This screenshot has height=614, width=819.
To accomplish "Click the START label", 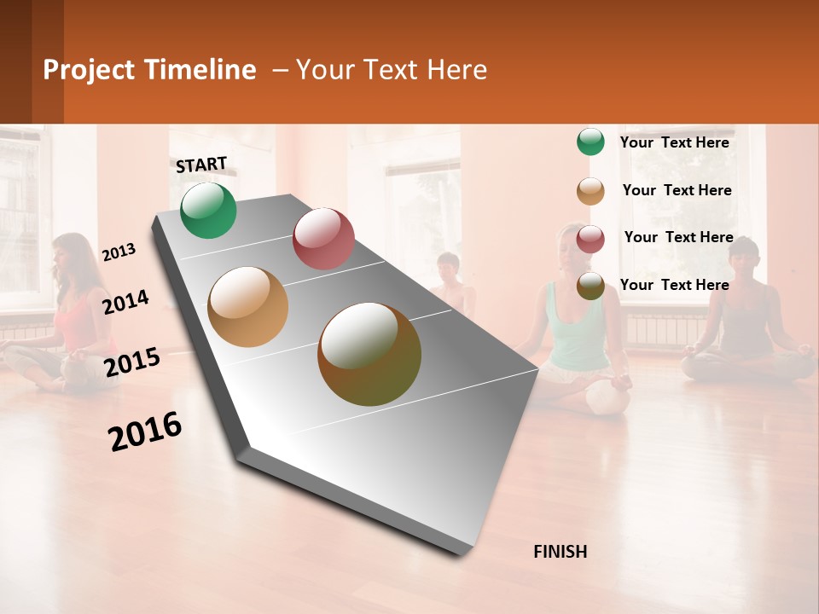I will tap(201, 165).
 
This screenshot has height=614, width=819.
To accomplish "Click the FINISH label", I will tap(560, 552).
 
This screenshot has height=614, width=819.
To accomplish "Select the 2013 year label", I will tap(119, 252).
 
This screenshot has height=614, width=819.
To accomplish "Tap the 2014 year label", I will tap(125, 302).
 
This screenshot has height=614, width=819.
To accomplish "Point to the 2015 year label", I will tap(131, 362).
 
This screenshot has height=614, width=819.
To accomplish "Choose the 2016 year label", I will tap(145, 432).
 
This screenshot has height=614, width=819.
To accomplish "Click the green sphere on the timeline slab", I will tap(208, 210).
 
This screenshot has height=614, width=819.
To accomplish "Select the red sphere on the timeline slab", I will tap(323, 238).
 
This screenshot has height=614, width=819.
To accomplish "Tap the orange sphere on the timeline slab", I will tap(247, 307).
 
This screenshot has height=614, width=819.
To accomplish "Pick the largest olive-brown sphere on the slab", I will tap(369, 354).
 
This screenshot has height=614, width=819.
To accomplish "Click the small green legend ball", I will tap(590, 142).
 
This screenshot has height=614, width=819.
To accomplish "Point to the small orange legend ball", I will tap(590, 190).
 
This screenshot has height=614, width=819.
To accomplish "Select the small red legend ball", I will tap(590, 238).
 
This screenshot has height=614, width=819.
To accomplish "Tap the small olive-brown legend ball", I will tap(590, 286).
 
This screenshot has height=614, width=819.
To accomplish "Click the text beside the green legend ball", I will tap(674, 142).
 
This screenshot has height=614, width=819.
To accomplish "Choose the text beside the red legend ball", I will tap(678, 237).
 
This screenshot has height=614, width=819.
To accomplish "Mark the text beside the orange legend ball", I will tap(677, 190).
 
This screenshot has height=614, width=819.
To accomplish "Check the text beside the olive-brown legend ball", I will tap(674, 285).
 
